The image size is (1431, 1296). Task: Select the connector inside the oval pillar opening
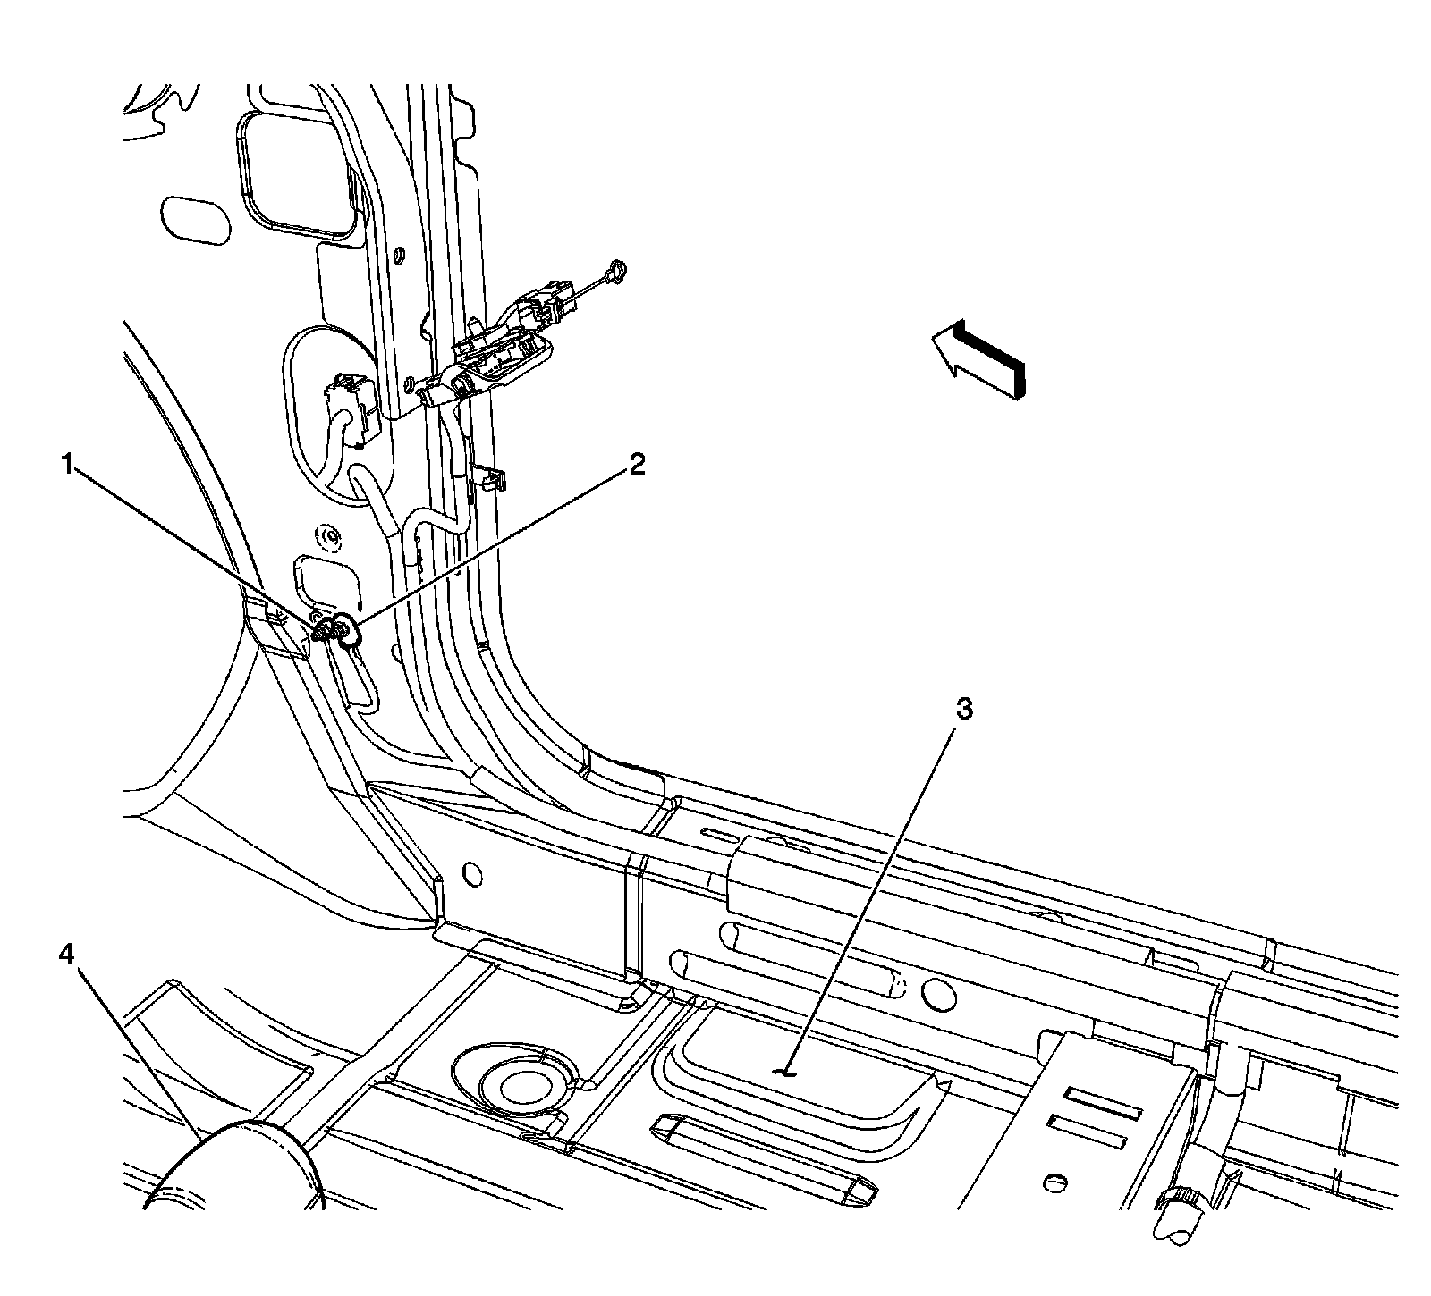click(344, 402)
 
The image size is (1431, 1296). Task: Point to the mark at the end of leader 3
click(784, 1070)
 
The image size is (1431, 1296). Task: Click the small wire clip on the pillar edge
click(487, 479)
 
